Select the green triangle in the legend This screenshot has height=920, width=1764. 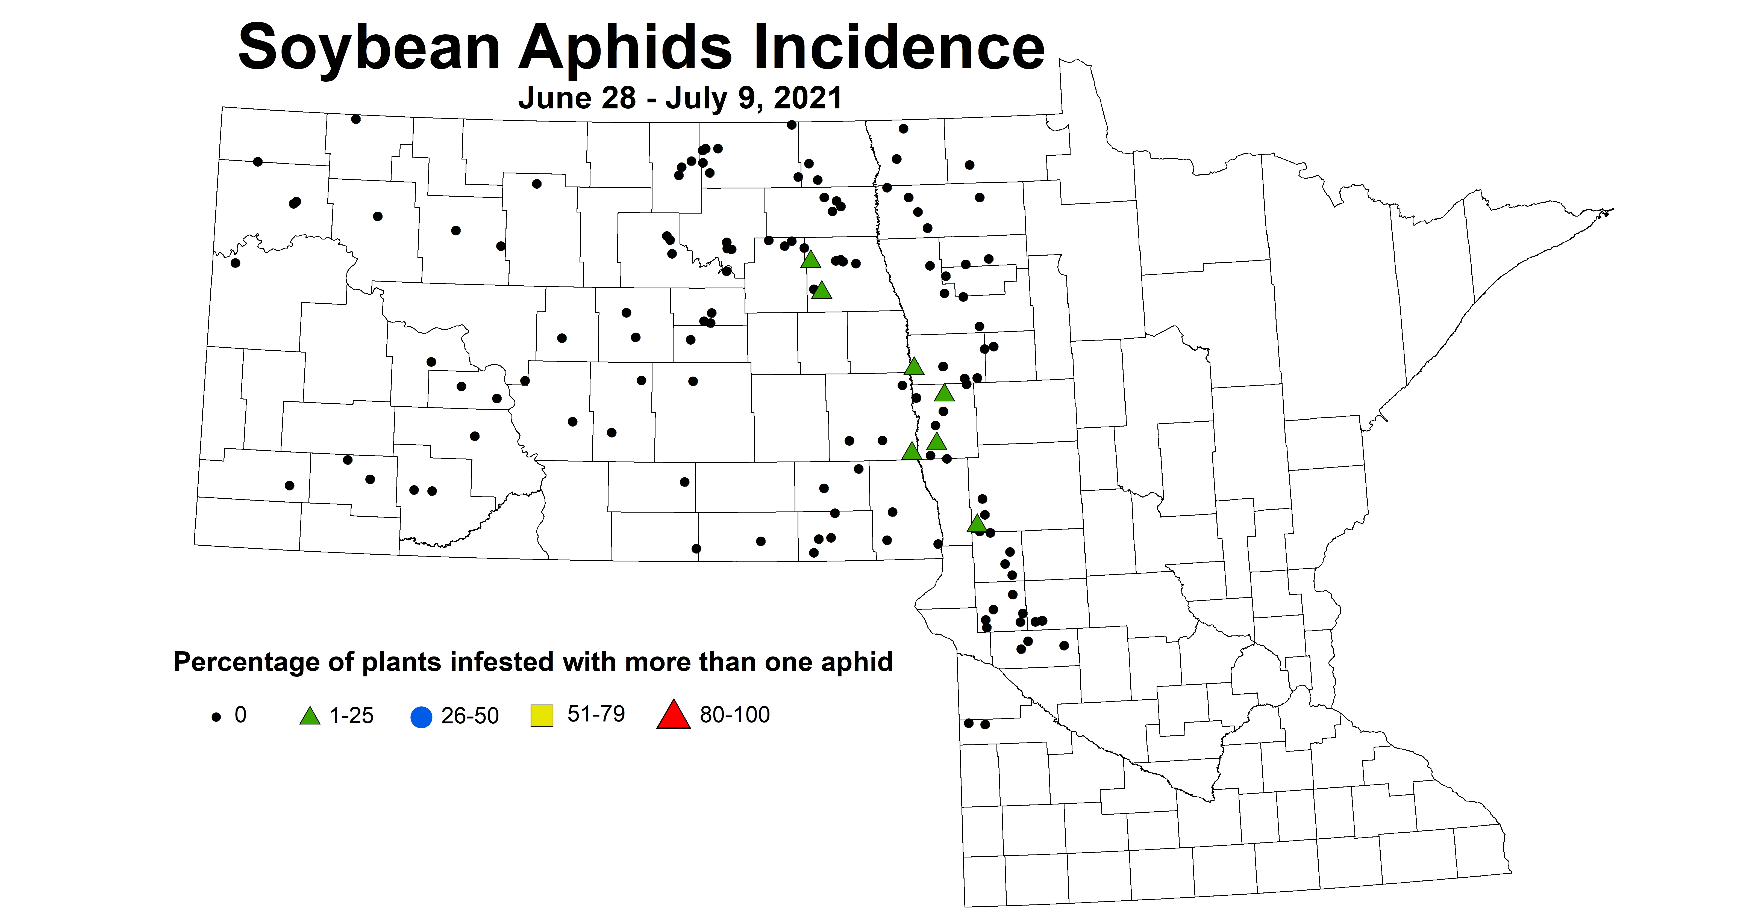[x=310, y=716]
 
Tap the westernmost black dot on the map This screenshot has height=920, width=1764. [x=236, y=263]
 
